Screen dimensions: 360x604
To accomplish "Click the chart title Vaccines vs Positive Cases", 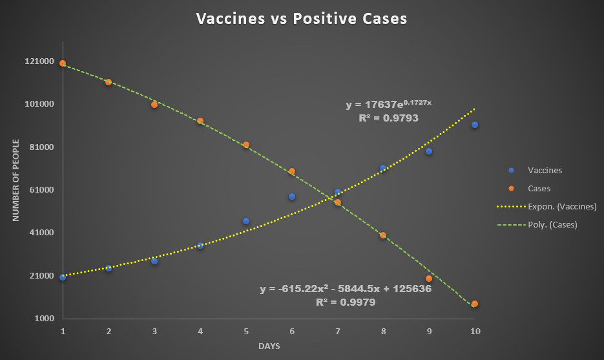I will click(x=302, y=19).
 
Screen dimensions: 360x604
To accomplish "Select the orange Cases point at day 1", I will click(x=63, y=63).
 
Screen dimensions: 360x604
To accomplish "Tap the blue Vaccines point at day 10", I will click(x=475, y=125).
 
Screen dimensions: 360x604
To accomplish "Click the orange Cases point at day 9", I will click(x=429, y=279).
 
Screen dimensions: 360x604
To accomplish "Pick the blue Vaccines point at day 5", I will click(x=246, y=221).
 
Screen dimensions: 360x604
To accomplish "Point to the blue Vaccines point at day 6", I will click(x=292, y=196).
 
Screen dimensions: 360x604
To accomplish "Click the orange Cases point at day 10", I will click(x=475, y=304).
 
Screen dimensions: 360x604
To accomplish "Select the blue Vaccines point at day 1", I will click(x=63, y=277).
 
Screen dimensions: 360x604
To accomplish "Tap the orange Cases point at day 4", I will click(x=200, y=121).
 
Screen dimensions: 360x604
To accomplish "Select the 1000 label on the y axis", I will click(x=44, y=319).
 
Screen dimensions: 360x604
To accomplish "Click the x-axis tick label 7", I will click(x=337, y=331).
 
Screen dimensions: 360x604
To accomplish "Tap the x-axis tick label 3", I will click(x=154, y=331).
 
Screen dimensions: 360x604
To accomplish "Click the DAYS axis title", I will click(x=269, y=346).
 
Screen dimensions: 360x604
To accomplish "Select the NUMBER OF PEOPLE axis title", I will click(x=16, y=180).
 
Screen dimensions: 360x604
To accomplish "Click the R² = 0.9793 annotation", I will click(x=388, y=118).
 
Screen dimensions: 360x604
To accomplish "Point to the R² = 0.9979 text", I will click(x=346, y=302).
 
